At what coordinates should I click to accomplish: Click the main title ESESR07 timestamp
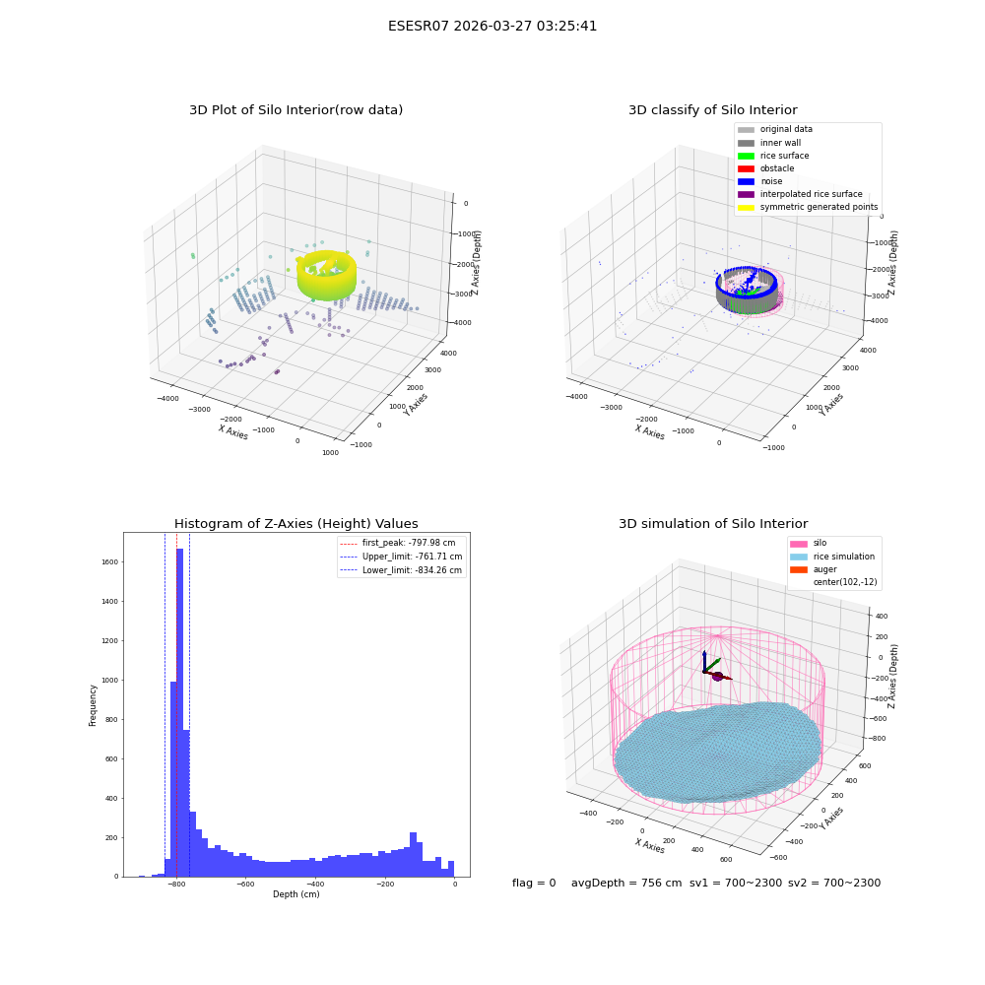(x=492, y=26)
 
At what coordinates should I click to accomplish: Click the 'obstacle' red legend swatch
(x=746, y=168)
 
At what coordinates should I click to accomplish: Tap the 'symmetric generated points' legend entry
(x=808, y=207)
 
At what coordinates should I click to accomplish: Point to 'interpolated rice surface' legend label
(x=811, y=194)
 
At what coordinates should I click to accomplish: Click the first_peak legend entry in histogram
(x=398, y=543)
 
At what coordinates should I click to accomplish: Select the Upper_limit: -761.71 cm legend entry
(x=401, y=557)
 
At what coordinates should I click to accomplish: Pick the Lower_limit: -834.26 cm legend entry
(x=401, y=570)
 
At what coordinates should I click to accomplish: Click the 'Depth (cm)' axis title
(x=296, y=894)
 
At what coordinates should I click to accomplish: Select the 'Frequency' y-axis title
(x=93, y=705)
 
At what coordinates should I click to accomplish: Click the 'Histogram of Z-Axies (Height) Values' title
(x=295, y=523)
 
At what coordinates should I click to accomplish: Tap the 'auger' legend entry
(x=814, y=569)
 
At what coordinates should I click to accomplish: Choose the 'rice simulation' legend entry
(x=832, y=557)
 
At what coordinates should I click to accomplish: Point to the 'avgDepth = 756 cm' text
(x=626, y=883)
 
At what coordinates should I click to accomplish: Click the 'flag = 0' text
(x=534, y=883)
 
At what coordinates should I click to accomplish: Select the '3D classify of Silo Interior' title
(x=713, y=110)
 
